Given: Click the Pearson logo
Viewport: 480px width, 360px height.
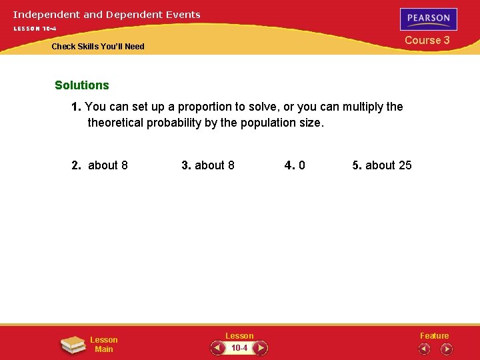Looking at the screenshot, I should click(429, 19).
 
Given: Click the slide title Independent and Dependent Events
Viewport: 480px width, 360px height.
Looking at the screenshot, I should click(107, 14).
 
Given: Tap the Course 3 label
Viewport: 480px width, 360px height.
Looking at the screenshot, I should click(427, 40).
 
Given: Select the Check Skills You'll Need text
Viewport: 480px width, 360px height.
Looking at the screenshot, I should click(98, 47).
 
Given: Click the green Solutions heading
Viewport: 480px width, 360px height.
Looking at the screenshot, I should click(82, 85).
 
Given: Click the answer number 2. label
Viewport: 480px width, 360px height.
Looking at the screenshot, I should click(77, 165).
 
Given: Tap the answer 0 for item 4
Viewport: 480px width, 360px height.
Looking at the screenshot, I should click(302, 165).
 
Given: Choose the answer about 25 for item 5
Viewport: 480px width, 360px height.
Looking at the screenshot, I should click(389, 165).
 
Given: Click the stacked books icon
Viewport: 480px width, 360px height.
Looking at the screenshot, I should click(73, 344).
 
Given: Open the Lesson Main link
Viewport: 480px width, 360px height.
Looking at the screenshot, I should click(104, 345).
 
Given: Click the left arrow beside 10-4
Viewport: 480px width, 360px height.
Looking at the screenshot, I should click(217, 348).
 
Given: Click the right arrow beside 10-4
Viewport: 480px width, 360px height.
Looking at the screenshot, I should click(261, 348).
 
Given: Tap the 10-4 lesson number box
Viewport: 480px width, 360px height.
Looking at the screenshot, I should click(239, 348).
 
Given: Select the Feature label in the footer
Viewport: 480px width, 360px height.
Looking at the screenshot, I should click(434, 336).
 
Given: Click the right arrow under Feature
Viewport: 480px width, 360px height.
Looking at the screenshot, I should click(446, 349).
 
